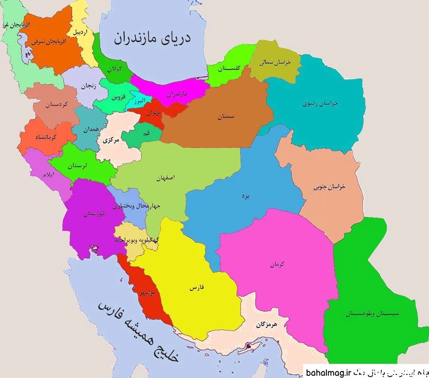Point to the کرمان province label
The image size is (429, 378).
(277, 264)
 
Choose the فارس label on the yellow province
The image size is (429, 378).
(197, 288)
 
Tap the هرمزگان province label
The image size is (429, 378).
(266, 324)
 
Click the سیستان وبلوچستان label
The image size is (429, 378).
(372, 313)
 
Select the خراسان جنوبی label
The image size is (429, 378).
(329, 186)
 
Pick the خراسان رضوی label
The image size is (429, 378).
(320, 103)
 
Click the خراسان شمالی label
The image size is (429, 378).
(275, 62)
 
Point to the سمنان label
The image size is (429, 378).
(226, 117)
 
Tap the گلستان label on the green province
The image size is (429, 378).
(230, 68)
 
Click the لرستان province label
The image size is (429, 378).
(78, 166)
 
